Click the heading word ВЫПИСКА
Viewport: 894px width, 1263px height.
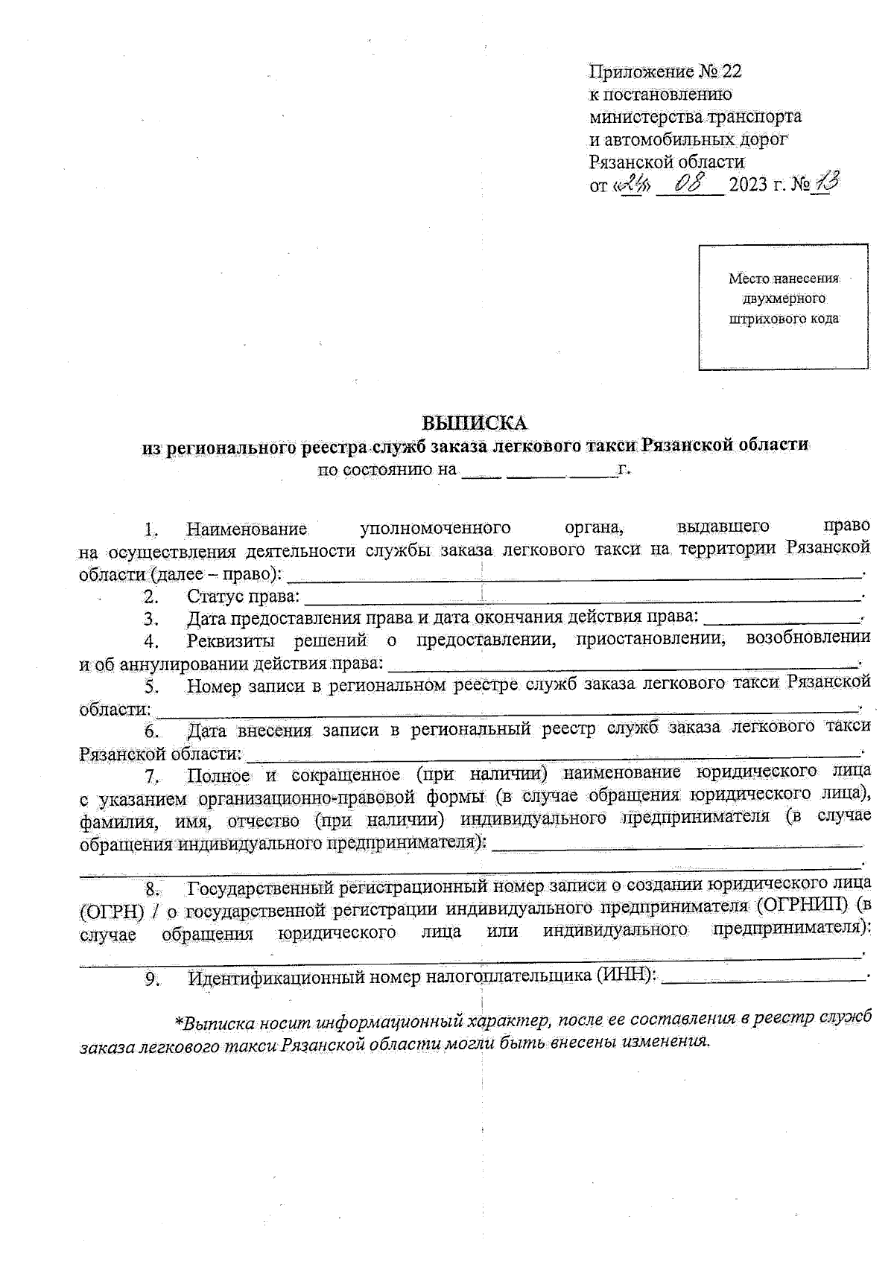coord(475,423)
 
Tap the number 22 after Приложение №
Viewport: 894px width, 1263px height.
coord(732,71)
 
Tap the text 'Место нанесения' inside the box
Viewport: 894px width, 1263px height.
coord(783,279)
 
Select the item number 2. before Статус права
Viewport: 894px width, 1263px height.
coord(151,596)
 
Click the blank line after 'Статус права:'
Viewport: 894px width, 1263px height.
coord(581,597)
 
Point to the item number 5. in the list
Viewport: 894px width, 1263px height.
coord(151,687)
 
